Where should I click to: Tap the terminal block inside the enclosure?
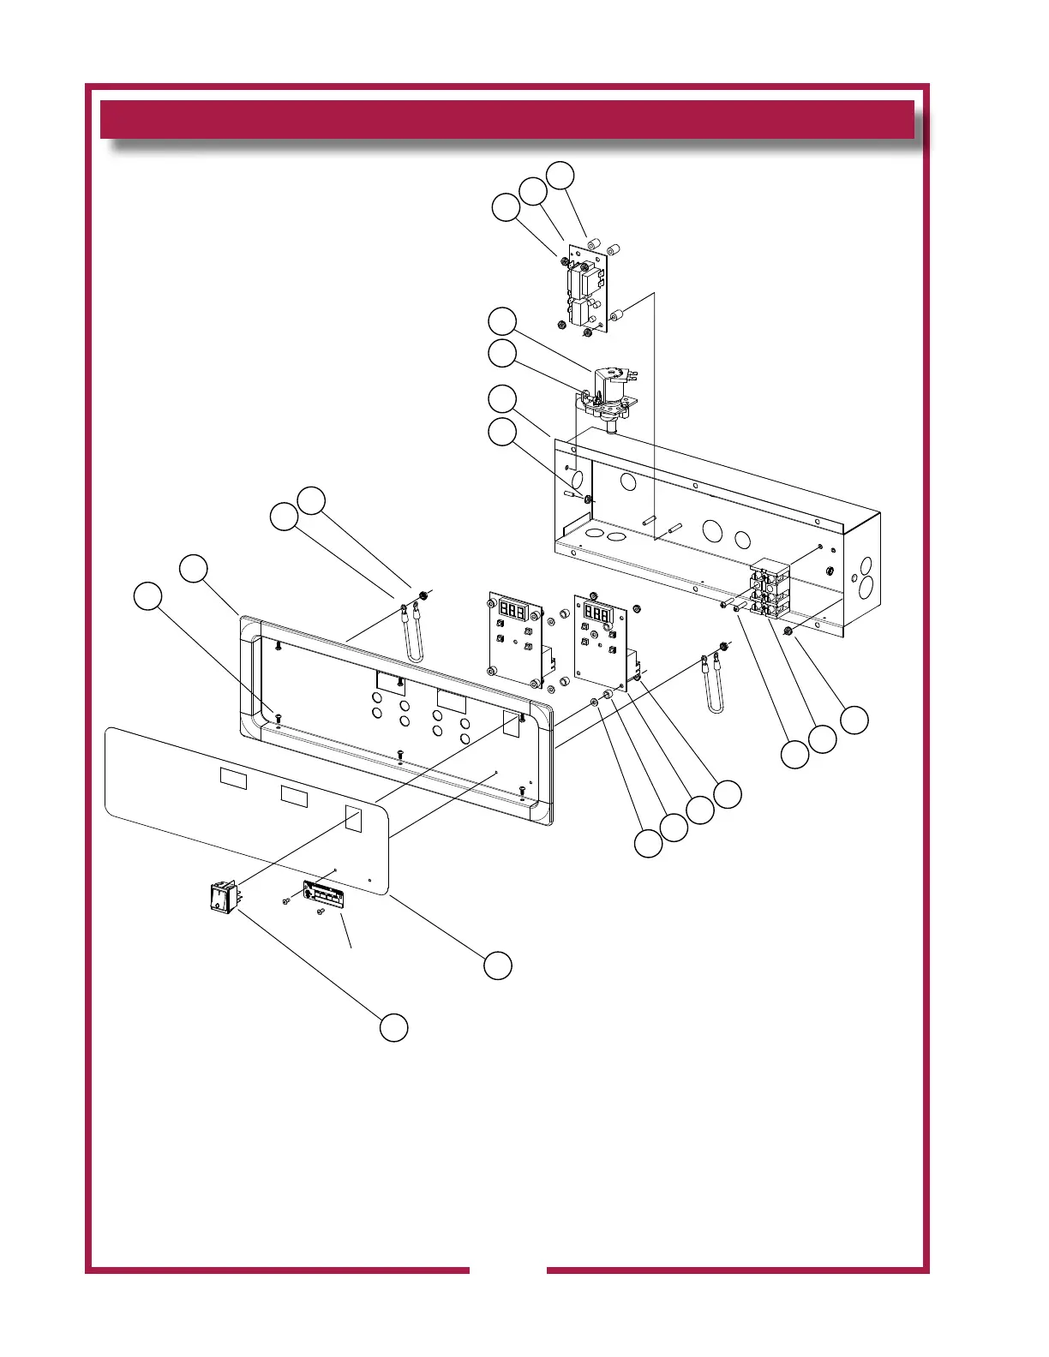click(x=770, y=589)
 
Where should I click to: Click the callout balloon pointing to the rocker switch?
click(x=394, y=1027)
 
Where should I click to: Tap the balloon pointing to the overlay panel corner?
click(x=498, y=965)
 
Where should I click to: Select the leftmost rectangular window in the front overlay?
click(x=233, y=779)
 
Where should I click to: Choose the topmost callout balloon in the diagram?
click(x=560, y=175)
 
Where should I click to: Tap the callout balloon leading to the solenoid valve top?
click(x=503, y=321)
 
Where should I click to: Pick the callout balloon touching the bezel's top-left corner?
click(x=194, y=569)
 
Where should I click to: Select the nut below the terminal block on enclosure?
click(x=787, y=631)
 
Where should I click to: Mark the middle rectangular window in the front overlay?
click(x=294, y=796)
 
